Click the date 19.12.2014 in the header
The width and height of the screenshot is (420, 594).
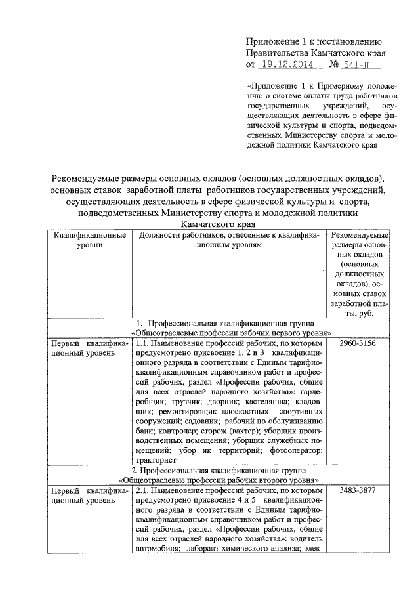285,65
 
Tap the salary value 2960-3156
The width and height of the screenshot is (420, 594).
358,343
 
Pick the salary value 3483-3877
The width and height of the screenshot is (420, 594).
358,490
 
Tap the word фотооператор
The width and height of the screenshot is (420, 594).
294,450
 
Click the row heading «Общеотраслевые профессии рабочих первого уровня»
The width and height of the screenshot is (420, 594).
229,333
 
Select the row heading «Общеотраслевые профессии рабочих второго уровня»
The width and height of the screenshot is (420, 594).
229,480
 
